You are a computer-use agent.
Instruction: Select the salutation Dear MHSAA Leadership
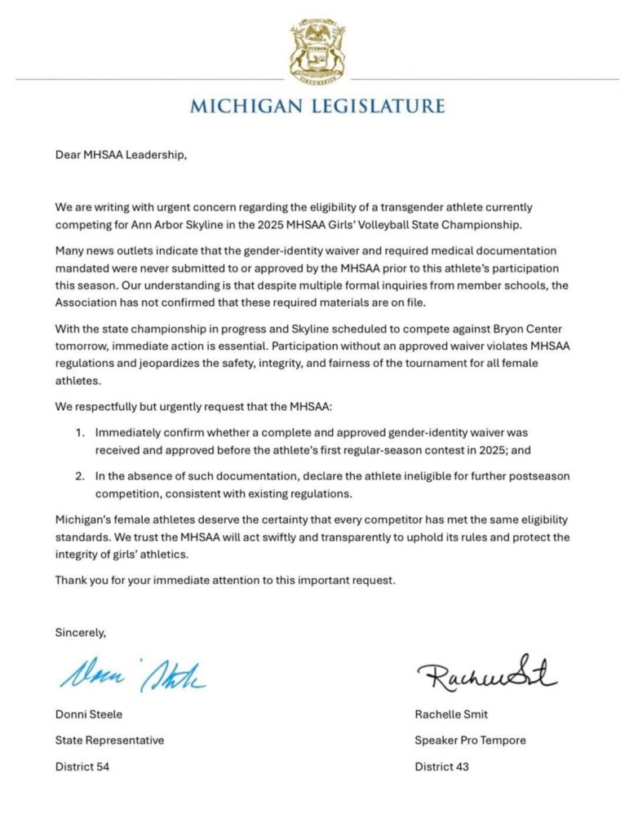point(121,152)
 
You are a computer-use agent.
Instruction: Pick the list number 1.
point(79,433)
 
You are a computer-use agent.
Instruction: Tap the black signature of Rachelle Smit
point(486,674)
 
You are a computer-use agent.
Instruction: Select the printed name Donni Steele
point(89,715)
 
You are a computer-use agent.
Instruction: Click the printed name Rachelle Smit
point(450,715)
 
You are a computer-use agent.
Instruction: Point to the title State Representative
point(109,740)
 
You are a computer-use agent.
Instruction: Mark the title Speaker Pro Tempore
point(470,740)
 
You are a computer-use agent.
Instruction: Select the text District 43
point(441,766)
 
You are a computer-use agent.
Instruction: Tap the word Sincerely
point(81,631)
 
